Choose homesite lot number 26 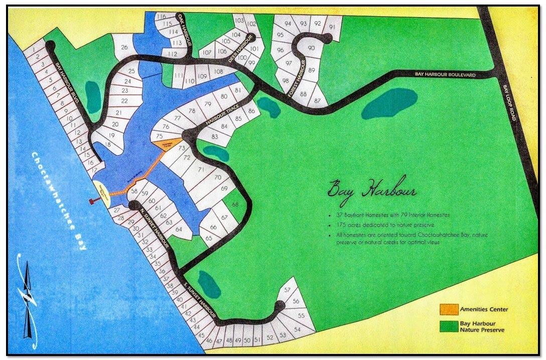pyautogui.click(x=124, y=48)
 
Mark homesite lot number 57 pyautogui.click(x=288, y=290)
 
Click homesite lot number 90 pyautogui.click(x=311, y=48)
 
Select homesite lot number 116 pyautogui.click(x=161, y=17)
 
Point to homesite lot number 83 pyautogui.click(x=215, y=137)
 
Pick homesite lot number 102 pyautogui.click(x=252, y=24)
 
